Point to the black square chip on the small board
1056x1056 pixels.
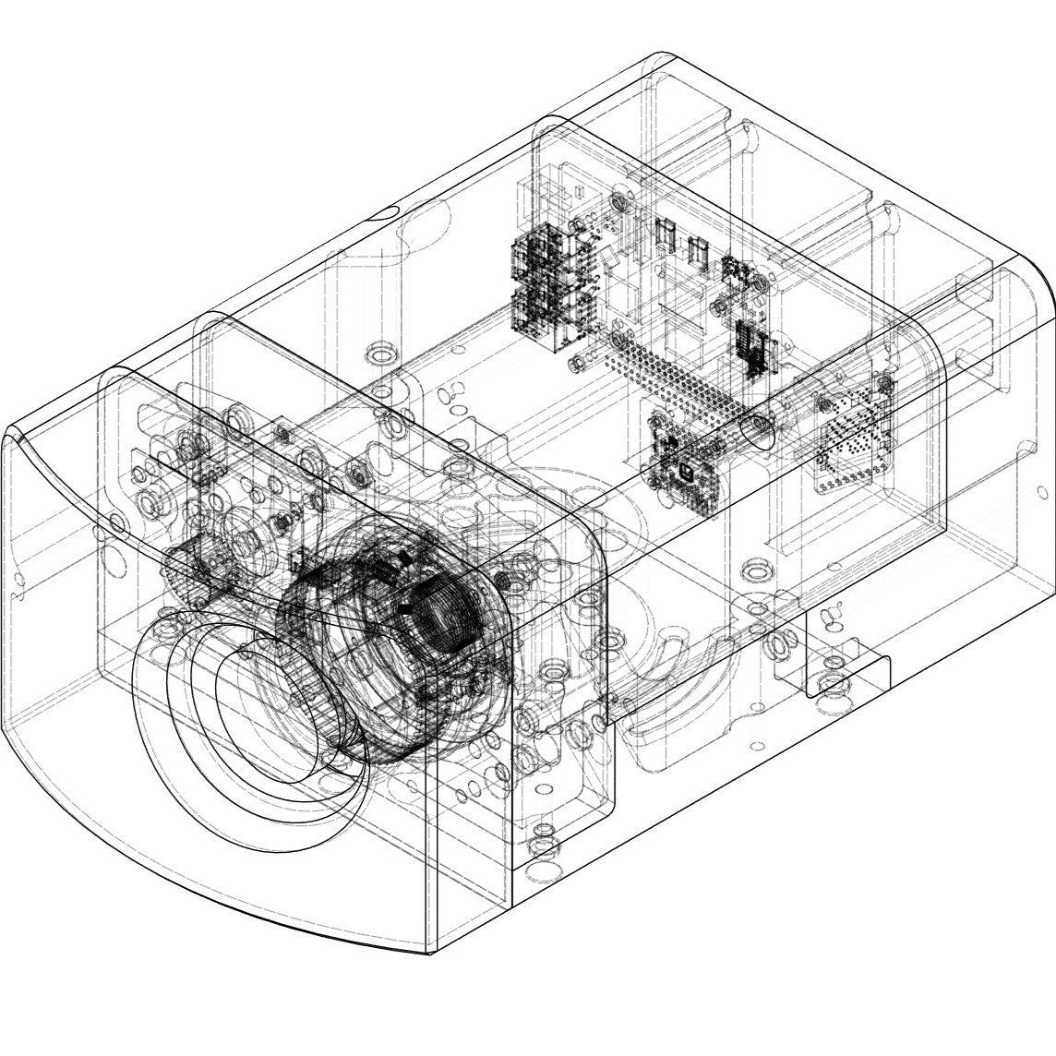(x=686, y=472)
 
